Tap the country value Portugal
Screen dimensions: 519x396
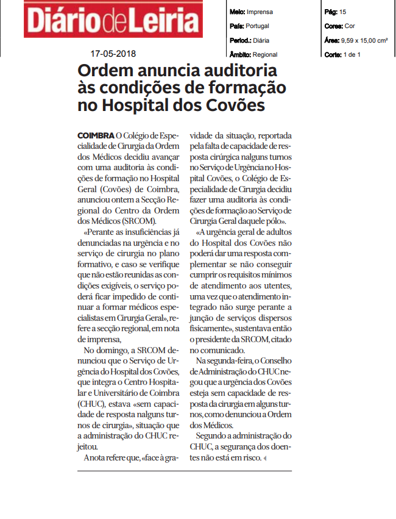[256, 26]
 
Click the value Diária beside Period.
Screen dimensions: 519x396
[261, 40]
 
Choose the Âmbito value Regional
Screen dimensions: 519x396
[265, 54]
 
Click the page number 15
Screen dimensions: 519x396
[342, 12]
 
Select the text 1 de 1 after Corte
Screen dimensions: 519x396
[353, 54]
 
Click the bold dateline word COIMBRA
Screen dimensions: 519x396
[96, 135]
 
